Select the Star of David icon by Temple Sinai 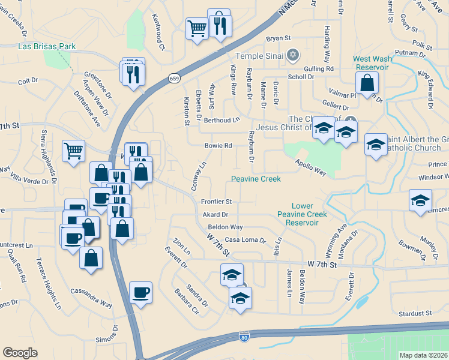click(293, 56)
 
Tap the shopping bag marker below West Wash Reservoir click(368, 83)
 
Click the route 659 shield click(174, 79)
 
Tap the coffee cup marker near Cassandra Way click(140, 293)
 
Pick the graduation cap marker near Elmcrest click(420, 200)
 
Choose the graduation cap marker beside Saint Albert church click(376, 145)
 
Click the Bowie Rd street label click(218, 146)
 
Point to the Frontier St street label click(216, 202)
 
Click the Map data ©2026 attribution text click(423, 355)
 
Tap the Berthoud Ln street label click(221, 120)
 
